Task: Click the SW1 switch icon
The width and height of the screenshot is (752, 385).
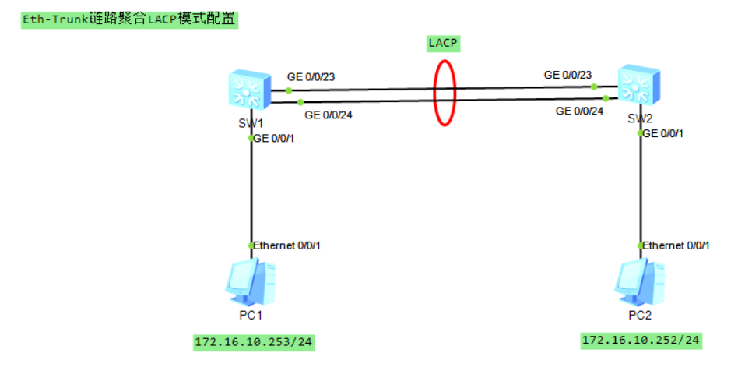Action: pyautogui.click(x=249, y=90)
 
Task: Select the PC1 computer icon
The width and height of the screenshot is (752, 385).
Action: pyautogui.click(x=251, y=282)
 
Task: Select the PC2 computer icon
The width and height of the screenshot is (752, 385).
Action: pyautogui.click(x=640, y=282)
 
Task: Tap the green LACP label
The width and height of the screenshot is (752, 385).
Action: pyautogui.click(x=443, y=43)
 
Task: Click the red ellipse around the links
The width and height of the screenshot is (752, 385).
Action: pyautogui.click(x=434, y=93)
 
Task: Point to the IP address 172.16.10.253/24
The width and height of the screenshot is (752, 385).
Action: pyautogui.click(x=254, y=342)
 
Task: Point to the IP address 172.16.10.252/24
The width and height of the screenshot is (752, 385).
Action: pyautogui.click(x=641, y=341)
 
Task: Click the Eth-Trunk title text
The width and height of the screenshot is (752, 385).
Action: pyautogui.click(x=129, y=19)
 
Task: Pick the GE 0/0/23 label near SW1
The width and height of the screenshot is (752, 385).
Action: pyautogui.click(x=311, y=77)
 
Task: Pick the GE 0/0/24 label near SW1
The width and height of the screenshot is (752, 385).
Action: pyautogui.click(x=329, y=115)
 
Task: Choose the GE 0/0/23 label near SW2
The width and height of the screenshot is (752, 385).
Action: pyautogui.click(x=568, y=75)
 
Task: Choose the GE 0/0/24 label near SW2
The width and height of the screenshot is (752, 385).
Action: pyautogui.click(x=579, y=111)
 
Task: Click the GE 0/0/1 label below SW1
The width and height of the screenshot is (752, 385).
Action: pyautogui.click(x=274, y=139)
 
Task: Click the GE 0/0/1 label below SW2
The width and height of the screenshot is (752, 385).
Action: pyautogui.click(x=663, y=133)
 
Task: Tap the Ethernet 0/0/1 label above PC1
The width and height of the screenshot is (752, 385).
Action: pyautogui.click(x=286, y=245)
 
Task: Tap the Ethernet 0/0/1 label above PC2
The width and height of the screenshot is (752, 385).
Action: pyautogui.click(x=676, y=245)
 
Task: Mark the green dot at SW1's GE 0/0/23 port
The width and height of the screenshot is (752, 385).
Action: pyautogui.click(x=289, y=90)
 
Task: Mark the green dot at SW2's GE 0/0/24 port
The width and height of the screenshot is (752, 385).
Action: pyautogui.click(x=606, y=98)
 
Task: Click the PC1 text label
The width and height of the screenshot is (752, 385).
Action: pyautogui.click(x=251, y=316)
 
